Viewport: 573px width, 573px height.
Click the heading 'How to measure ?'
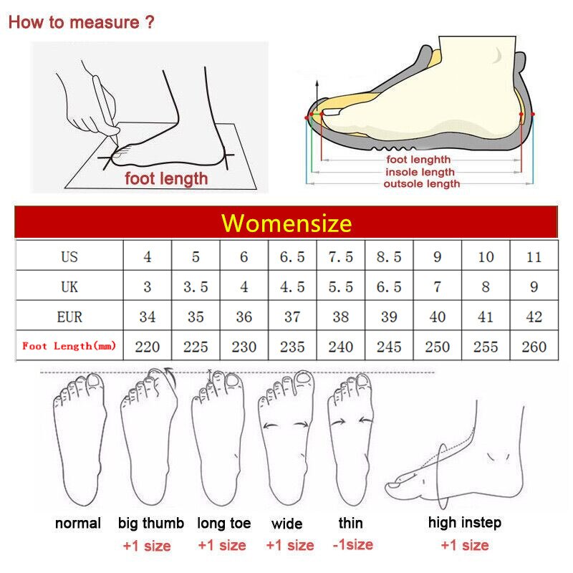coord(82,22)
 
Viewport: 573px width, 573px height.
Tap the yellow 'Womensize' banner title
coord(286,223)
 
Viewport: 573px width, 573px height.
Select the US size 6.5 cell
coord(292,256)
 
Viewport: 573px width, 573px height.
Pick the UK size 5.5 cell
coord(341,286)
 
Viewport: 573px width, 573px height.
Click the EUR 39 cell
coord(389,316)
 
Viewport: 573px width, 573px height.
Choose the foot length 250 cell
coord(437,346)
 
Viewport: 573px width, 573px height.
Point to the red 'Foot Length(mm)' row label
coord(69,346)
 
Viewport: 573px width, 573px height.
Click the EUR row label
coord(69,317)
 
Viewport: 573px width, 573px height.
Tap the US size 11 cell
coord(534,256)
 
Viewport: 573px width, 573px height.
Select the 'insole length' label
coord(420,172)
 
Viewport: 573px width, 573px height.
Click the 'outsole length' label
coord(422,183)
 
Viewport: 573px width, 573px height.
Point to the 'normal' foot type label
coord(78,523)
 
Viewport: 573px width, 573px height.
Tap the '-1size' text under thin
coord(353,544)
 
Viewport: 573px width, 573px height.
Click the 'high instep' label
coord(464,523)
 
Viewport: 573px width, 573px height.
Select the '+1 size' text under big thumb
coord(147,546)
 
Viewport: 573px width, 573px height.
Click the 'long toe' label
coord(224,524)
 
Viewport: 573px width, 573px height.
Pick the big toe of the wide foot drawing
coord(303,381)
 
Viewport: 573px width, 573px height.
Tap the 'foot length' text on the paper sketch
coord(166,178)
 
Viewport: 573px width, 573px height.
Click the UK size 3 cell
coord(148,286)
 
